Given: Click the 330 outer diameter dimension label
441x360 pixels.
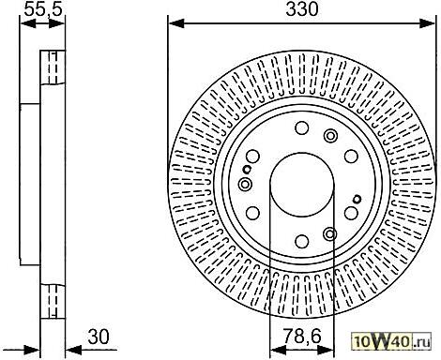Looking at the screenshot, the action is click(302, 9).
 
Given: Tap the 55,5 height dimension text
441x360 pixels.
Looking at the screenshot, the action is click(43, 9).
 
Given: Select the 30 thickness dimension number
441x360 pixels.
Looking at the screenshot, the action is click(99, 337).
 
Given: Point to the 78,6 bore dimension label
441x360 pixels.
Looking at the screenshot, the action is click(302, 337).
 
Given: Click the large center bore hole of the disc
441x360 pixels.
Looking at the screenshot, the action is click(302, 185).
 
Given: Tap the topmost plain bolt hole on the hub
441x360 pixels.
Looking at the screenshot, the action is click(302, 127).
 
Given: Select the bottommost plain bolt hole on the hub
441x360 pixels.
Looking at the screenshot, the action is click(302, 241).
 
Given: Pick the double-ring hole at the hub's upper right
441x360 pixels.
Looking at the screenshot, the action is click(330, 136).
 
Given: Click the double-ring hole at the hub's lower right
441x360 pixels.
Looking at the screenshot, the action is click(330, 233).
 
